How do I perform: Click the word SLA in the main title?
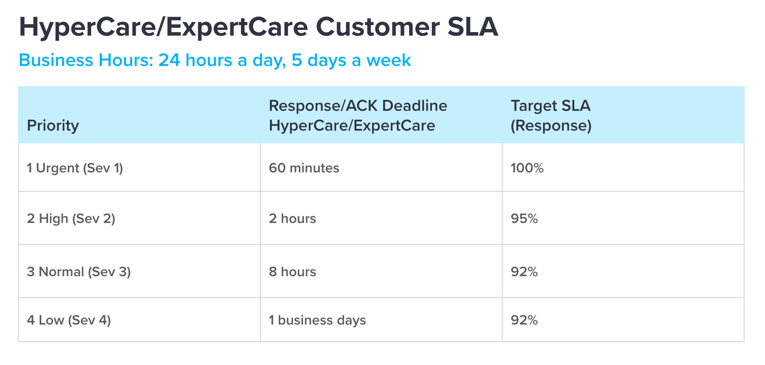tap(473, 27)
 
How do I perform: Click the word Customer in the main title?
tap(377, 27)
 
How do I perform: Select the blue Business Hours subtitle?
tap(215, 60)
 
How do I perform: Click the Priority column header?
tap(53, 126)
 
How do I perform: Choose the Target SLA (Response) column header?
tap(551, 116)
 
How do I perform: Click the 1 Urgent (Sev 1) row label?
tap(75, 168)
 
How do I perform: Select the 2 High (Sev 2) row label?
tap(71, 219)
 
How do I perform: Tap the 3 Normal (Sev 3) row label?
tap(79, 272)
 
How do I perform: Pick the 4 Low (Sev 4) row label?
tap(69, 320)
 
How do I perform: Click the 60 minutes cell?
tap(304, 168)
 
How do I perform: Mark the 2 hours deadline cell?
tap(292, 219)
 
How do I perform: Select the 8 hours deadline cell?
tap(292, 272)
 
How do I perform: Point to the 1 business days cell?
tap(317, 321)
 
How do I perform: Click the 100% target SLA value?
tap(527, 168)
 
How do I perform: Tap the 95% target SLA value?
tap(524, 219)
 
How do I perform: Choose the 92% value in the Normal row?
tap(524, 272)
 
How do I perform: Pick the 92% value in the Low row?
tap(524, 320)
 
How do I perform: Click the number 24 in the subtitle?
tap(169, 60)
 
